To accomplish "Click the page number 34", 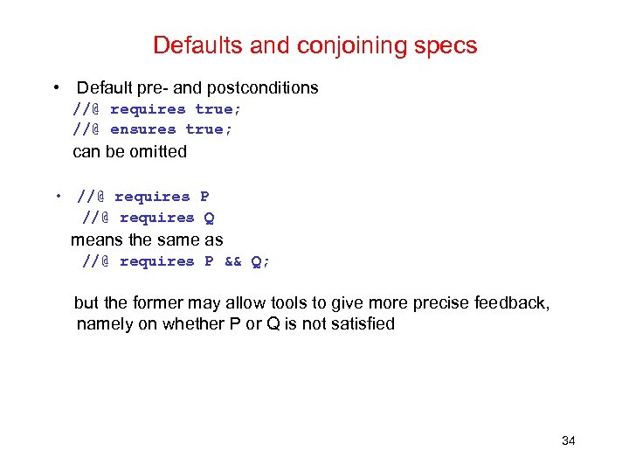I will [568, 441].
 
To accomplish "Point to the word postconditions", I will [267, 87].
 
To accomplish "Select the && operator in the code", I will [232, 261].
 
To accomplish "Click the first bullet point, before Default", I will [56, 87].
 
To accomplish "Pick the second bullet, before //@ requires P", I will [56, 197].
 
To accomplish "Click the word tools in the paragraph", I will [289, 303].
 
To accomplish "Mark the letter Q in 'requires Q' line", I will [209, 218].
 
